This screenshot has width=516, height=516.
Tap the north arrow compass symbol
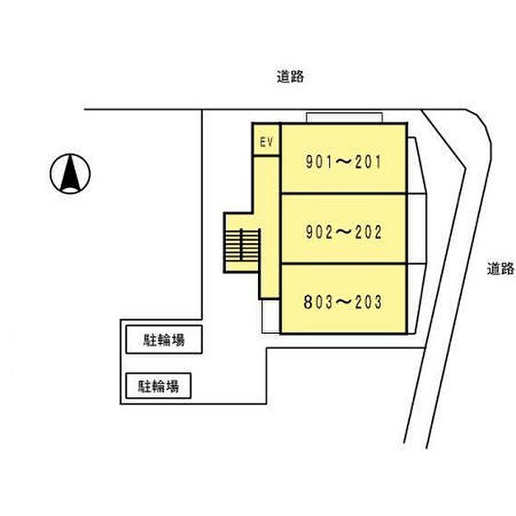[x=70, y=173]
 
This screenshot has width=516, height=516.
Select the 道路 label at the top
[x=290, y=77]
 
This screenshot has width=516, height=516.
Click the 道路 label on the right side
[x=501, y=268]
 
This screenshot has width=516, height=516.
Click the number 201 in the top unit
[x=368, y=162]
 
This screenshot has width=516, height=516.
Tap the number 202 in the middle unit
[x=369, y=232]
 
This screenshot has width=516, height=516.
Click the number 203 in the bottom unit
[x=369, y=302]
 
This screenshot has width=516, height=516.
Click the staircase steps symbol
[x=243, y=245]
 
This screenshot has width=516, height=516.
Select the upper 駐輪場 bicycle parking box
[x=164, y=340]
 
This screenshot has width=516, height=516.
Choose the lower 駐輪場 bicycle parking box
[x=158, y=386]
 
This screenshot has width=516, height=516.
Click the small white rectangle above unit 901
[x=344, y=118]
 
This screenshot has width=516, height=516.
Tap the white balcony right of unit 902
[x=417, y=229]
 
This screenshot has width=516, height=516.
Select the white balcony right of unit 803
[x=415, y=299]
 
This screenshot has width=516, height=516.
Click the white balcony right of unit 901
[x=415, y=165]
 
